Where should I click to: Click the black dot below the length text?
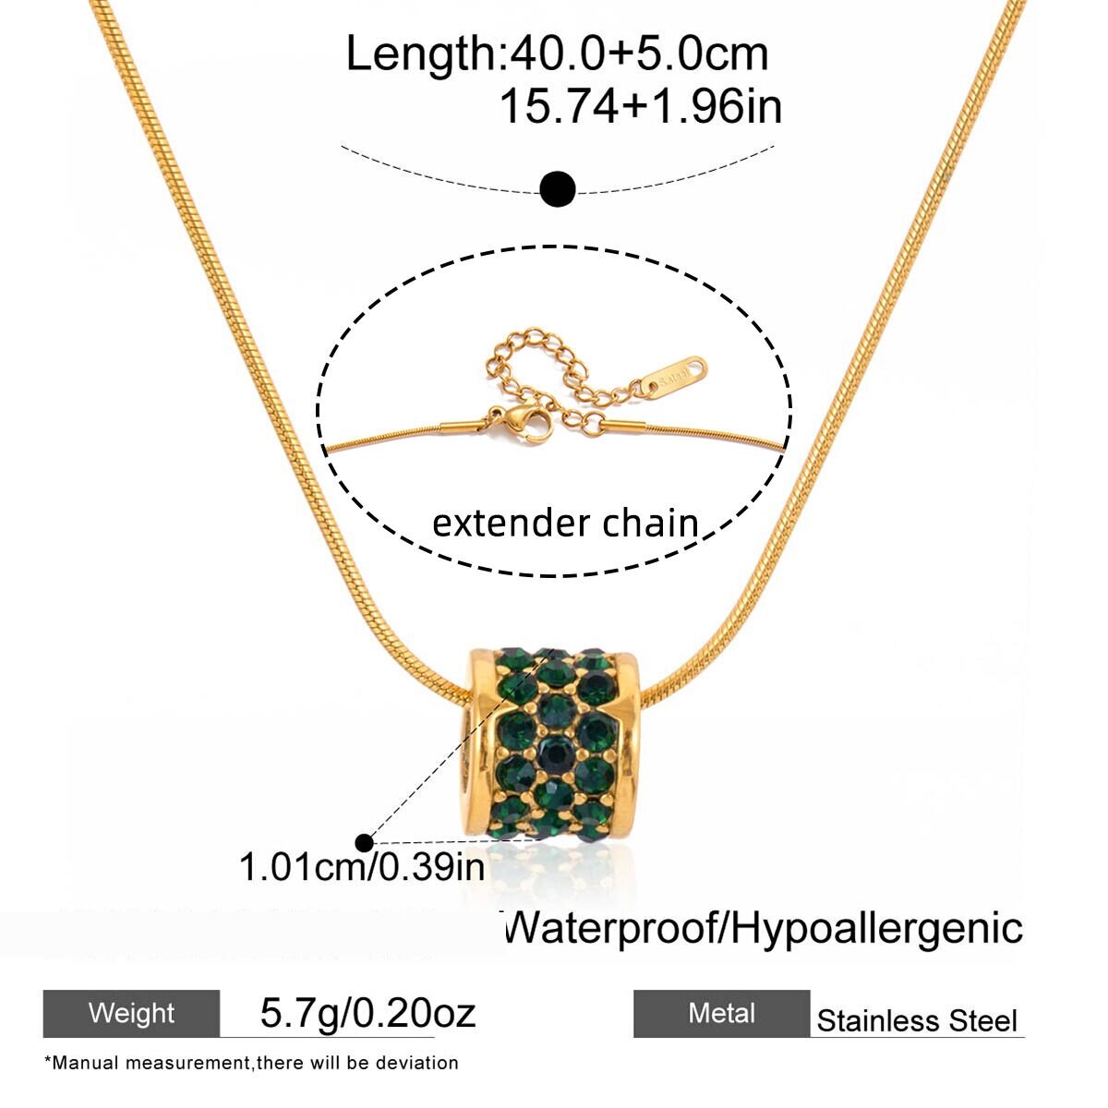[x=557, y=188]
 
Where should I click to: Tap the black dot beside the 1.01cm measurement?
[x=365, y=843]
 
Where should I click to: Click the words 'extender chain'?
[x=565, y=524]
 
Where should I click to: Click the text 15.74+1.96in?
[x=641, y=106]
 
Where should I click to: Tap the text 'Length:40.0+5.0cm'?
[x=557, y=54]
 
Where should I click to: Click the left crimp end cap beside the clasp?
[x=464, y=428]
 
